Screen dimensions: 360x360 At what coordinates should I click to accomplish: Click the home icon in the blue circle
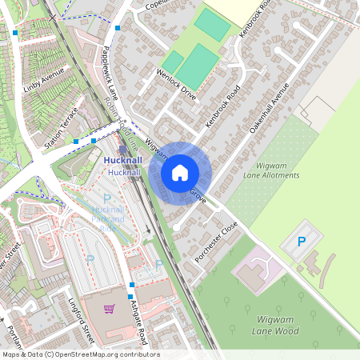tap(180, 172)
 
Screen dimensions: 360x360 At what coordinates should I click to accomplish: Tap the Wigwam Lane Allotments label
tap(270, 170)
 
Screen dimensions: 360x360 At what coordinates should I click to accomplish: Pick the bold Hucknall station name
tap(124, 161)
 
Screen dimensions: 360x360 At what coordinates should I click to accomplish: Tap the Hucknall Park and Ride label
tap(107, 214)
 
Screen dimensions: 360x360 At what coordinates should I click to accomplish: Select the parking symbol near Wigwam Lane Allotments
tap(302, 241)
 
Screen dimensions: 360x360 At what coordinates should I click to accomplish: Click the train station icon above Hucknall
tap(122, 149)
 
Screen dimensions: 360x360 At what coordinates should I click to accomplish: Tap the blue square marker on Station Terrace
tap(75, 142)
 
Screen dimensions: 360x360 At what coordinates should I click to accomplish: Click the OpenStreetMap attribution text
tap(81, 354)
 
